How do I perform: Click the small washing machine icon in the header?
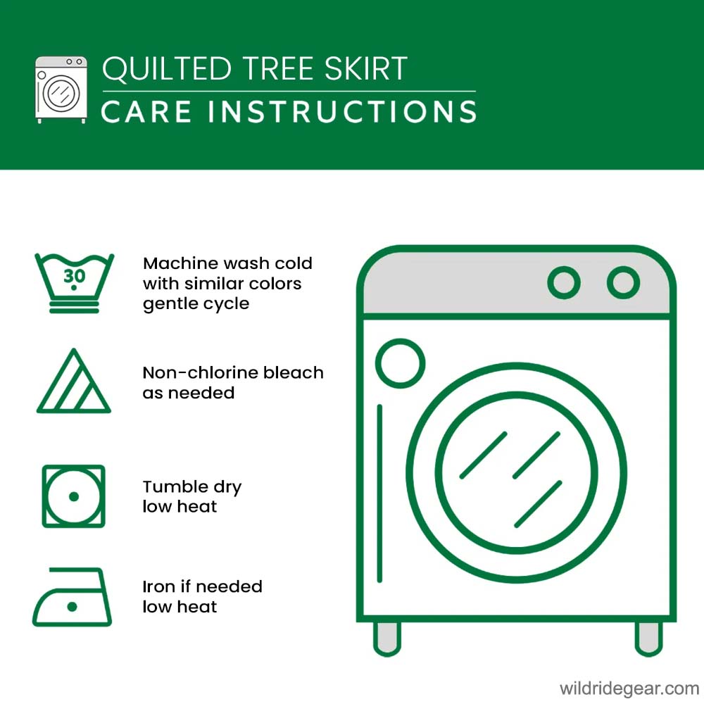(x=61, y=90)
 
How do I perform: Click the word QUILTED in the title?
(x=167, y=69)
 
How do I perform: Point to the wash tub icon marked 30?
(x=74, y=283)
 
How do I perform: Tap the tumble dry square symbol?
(x=74, y=496)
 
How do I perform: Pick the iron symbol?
(x=72, y=597)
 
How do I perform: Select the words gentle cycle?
(x=196, y=304)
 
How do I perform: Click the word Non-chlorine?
(x=200, y=372)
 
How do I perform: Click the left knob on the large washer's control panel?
(x=564, y=282)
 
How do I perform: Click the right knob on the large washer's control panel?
(x=623, y=282)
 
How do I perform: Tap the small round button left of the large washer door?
(x=400, y=363)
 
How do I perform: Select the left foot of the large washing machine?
(x=387, y=639)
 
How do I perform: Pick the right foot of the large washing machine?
(x=649, y=639)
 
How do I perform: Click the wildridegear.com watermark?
(x=629, y=689)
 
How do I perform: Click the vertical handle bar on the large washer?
(x=380, y=494)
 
